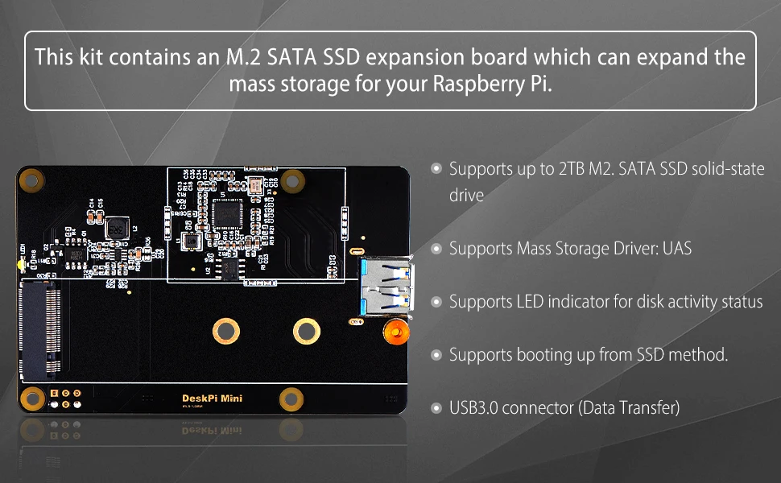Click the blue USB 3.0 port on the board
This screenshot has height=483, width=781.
tap(384, 287)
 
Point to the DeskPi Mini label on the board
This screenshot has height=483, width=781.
tap(212, 398)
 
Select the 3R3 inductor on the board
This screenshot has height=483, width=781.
tap(118, 228)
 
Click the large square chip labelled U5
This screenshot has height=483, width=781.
tap(229, 215)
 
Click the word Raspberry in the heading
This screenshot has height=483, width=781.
tap(473, 84)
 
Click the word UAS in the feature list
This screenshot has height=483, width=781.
tap(676, 248)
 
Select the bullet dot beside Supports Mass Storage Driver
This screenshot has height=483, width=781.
tap(436, 249)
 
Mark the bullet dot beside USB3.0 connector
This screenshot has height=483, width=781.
tap(436, 407)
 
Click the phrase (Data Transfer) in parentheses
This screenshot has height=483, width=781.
tap(629, 407)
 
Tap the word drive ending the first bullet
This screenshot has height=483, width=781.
tap(466, 195)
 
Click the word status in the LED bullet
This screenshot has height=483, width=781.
tap(739, 302)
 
